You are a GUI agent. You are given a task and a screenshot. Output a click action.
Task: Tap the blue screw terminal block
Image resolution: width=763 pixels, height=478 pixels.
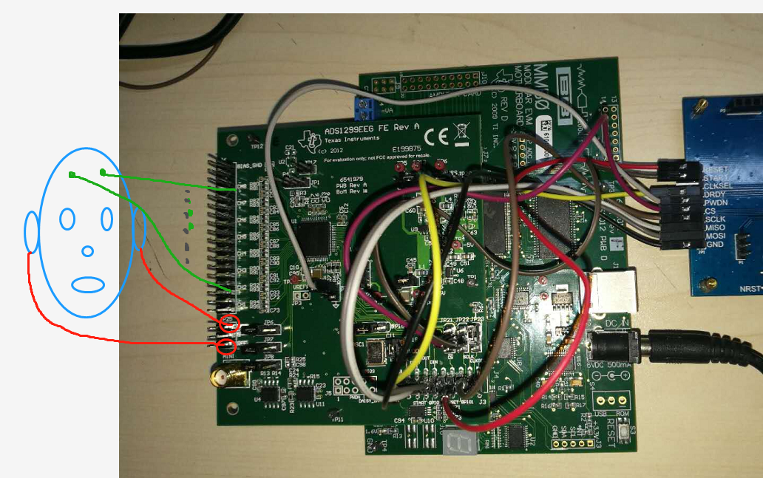pos(364,108)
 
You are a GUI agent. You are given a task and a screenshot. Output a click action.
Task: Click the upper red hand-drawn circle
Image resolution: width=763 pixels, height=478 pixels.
pos(231,323)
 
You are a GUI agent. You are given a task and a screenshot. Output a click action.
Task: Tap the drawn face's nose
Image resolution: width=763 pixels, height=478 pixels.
pos(88,251)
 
